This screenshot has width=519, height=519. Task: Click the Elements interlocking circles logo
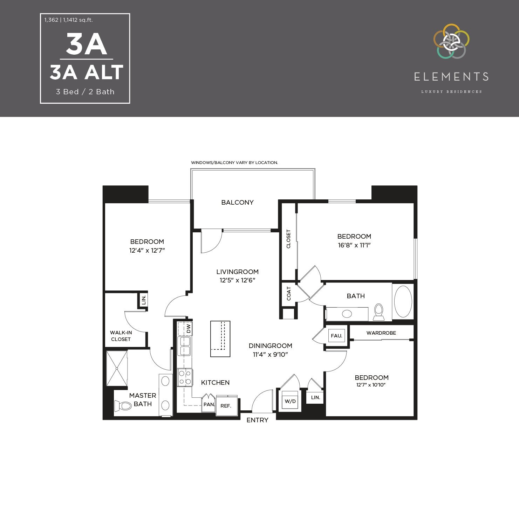[451, 41]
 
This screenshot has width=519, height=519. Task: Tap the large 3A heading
[86, 45]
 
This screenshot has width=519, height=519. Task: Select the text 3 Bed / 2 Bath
[85, 92]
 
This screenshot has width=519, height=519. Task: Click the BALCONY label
[237, 203]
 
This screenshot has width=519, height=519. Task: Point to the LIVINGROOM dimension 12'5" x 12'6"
[237, 280]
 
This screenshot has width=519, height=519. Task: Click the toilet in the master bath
[122, 406]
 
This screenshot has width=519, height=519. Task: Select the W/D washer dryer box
[290, 401]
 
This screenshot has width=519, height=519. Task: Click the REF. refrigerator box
[226, 406]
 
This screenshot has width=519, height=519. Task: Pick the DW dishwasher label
[189, 329]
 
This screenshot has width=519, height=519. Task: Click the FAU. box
[336, 336]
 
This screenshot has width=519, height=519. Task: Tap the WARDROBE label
[381, 333]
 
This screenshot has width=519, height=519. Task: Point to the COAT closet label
[289, 294]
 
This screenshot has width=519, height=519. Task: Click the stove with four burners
[185, 377]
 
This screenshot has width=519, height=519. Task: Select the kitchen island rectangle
[220, 339]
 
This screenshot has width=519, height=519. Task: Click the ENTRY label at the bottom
[257, 420]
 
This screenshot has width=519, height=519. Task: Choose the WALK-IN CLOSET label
[121, 336]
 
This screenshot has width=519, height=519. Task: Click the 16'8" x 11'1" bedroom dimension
[354, 245]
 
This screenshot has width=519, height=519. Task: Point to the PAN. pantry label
[209, 404]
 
